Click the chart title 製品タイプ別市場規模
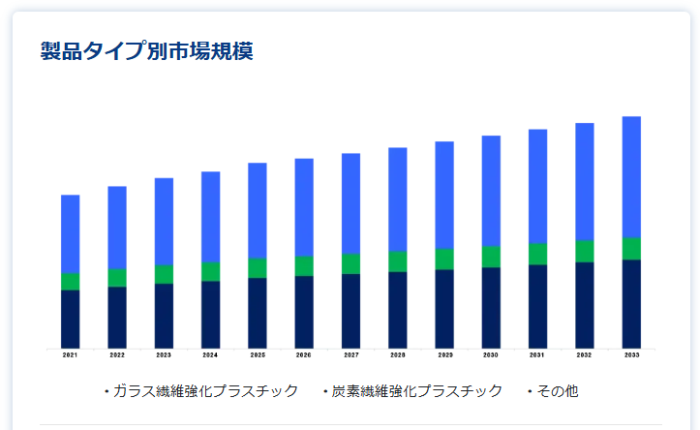[x=146, y=51]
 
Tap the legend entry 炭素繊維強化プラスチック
[x=413, y=391]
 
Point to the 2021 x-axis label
[x=70, y=355]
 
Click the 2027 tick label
[x=350, y=355]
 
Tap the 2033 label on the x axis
[x=631, y=355]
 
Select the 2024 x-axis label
[x=210, y=355]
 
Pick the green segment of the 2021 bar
[x=70, y=282]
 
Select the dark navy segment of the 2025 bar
[x=258, y=313]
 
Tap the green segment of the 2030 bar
[x=491, y=257]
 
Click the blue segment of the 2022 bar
[x=117, y=227]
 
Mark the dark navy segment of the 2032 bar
[x=585, y=305]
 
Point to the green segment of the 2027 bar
[x=350, y=263]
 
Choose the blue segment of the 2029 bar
[x=444, y=195]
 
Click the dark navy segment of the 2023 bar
[x=164, y=316]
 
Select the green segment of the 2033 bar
[x=631, y=248]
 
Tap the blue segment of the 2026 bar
[x=304, y=207]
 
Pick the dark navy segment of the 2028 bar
[x=398, y=310]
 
